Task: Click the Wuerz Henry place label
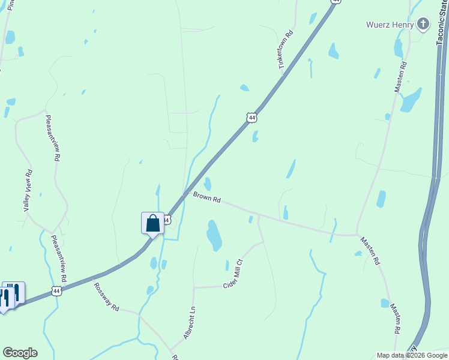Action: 390,25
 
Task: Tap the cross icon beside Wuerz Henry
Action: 423,25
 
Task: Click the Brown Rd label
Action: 207,197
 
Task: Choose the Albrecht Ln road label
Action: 189,323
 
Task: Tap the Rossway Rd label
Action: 106,297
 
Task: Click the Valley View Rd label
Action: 28,190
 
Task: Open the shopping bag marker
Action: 153,223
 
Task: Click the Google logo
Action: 20,353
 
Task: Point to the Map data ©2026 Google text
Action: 411,355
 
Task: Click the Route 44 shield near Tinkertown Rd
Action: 252,117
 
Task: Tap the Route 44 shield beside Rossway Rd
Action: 56,291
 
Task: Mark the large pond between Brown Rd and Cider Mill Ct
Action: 214,235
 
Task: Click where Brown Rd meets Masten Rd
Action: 357,235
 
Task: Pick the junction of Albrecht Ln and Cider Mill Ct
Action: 194,287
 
